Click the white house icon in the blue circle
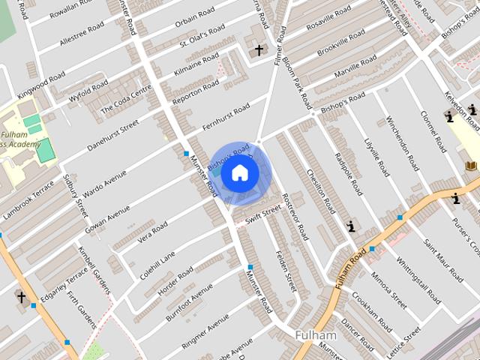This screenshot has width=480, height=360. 240,173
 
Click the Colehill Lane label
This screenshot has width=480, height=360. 158,263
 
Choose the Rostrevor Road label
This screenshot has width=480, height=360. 295,216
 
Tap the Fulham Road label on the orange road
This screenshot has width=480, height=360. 349,268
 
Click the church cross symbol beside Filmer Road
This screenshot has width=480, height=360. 259,50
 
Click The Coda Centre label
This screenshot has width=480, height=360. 126,98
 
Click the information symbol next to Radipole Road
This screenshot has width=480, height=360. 350,225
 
